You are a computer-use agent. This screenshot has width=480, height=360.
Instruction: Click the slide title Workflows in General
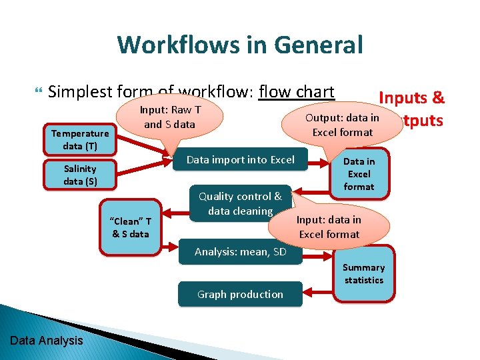tap(240, 45)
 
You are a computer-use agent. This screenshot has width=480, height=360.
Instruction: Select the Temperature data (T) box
tap(80, 139)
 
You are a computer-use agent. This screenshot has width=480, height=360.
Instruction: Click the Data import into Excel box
tap(240, 159)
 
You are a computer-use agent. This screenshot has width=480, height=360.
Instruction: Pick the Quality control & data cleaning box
tap(240, 203)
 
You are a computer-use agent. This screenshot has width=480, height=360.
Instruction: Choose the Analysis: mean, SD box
tap(240, 251)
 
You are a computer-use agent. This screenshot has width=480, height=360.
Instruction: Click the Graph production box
tap(240, 294)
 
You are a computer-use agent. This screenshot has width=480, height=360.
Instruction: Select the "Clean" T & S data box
tap(131, 227)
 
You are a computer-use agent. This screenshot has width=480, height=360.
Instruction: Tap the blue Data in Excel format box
tap(359, 174)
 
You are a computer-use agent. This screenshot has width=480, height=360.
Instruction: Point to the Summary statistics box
tap(363, 273)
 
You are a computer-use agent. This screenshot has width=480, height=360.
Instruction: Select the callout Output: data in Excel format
tap(342, 125)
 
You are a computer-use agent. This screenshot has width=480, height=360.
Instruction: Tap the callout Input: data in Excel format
tap(329, 227)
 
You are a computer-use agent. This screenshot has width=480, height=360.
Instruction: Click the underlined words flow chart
tap(297, 91)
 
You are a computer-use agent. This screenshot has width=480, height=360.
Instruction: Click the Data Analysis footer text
tap(47, 341)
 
